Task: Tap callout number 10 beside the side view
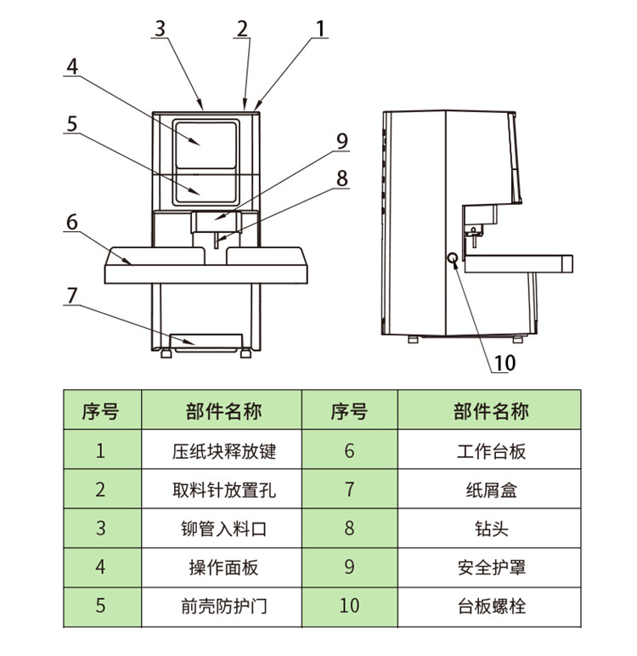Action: [505, 363]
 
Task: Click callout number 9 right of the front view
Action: [341, 141]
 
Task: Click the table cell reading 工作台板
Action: [491, 450]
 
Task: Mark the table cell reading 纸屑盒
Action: [491, 489]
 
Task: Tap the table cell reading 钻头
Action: [491, 529]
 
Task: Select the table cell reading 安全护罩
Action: [491, 567]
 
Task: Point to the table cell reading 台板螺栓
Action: [491, 607]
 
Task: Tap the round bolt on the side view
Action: [454, 258]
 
